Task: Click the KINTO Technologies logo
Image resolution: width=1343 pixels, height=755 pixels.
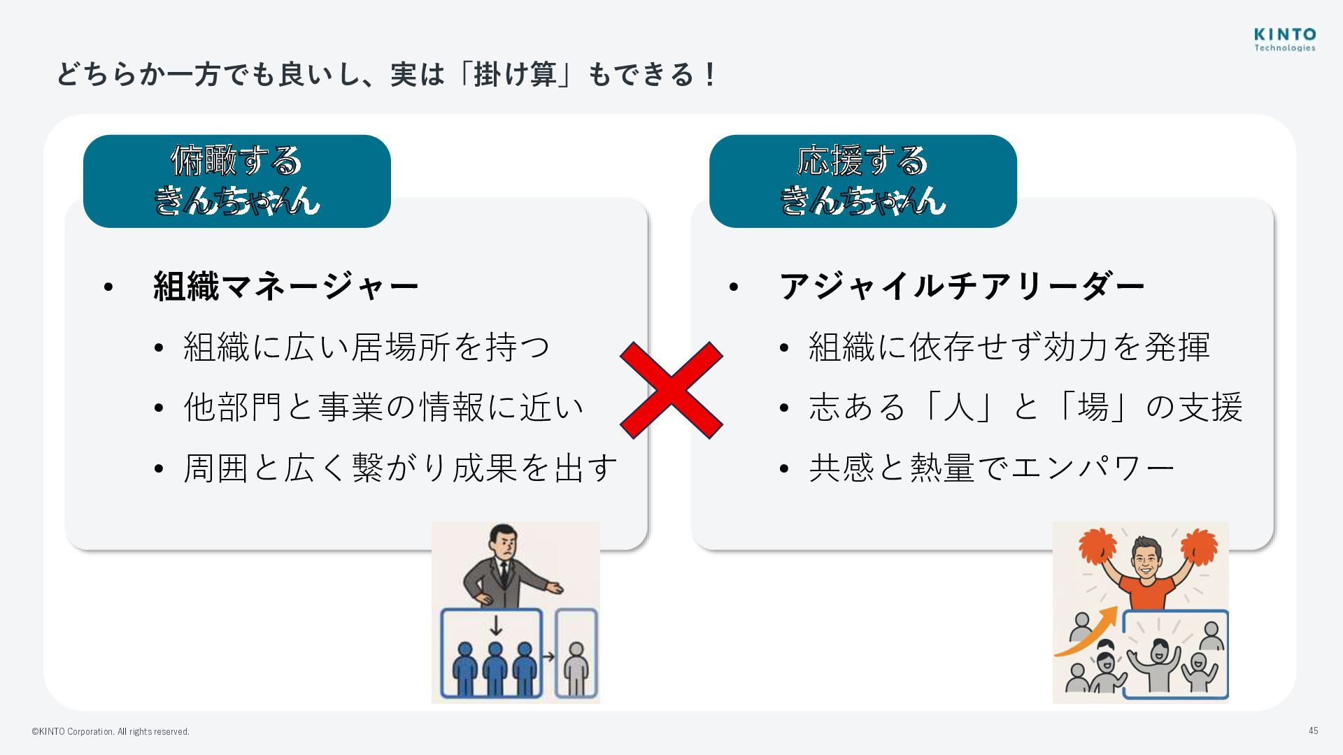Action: pos(1284,39)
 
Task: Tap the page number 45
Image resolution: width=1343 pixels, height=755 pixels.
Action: pos(1313,731)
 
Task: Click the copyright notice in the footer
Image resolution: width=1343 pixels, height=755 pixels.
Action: pos(111,731)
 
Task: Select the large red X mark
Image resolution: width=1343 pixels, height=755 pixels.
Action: pos(671,390)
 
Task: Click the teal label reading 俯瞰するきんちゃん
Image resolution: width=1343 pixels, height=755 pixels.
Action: pos(236,180)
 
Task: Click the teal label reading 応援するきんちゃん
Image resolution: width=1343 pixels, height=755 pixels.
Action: pos(862,180)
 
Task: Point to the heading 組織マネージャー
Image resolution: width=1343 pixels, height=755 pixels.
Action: pos(285,286)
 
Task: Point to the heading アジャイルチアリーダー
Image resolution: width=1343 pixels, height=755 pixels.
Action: pos(961,286)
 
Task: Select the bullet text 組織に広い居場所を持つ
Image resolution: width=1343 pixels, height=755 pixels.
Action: pos(367,347)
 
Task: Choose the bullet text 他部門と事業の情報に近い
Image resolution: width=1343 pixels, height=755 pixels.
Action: pos(383,407)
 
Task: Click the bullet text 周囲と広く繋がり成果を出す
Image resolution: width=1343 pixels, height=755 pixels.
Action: pos(400,468)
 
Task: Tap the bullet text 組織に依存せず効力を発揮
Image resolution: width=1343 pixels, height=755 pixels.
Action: pos(1009,347)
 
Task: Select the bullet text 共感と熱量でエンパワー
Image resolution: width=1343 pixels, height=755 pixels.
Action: pos(991,468)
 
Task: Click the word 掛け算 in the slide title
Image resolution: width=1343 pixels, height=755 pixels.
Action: pos(515,73)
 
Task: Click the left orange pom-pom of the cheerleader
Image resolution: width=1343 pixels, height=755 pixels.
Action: pos(1096,546)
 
